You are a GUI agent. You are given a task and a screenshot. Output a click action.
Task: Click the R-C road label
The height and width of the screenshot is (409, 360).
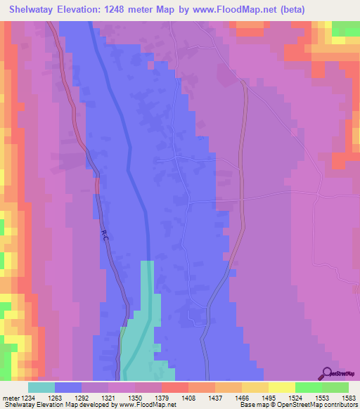(105, 234)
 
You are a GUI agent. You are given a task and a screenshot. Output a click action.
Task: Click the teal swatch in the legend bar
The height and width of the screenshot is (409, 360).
(41, 387)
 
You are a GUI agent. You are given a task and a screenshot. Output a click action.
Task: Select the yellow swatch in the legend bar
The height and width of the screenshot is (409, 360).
(281, 387)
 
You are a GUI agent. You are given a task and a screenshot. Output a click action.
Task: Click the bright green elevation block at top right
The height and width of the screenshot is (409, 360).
(345, 28)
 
